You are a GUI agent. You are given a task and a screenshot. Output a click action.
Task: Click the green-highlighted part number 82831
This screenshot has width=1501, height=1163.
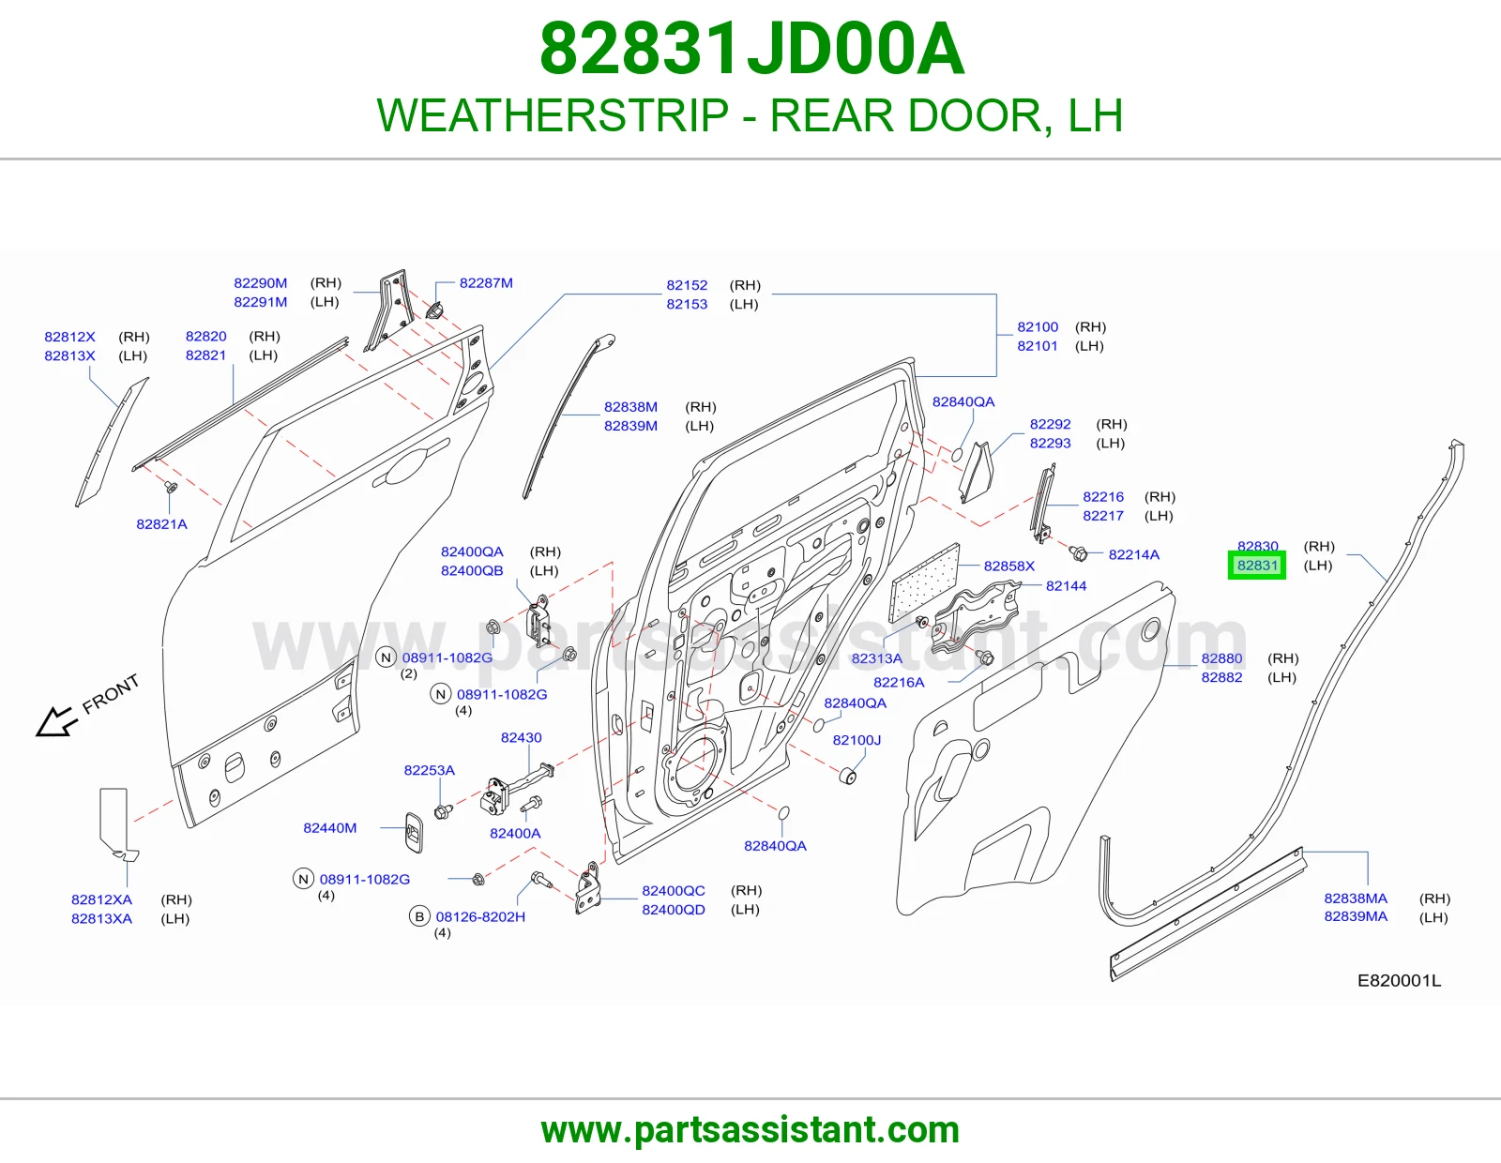tap(1257, 566)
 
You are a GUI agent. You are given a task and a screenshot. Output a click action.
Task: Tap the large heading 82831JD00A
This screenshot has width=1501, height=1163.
tap(751, 49)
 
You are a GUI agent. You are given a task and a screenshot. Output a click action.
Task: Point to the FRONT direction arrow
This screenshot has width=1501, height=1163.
tap(56, 721)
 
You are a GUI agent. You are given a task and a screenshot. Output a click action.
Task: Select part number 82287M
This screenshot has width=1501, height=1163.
tap(486, 283)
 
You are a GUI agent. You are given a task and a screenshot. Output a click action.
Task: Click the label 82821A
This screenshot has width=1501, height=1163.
tap(161, 524)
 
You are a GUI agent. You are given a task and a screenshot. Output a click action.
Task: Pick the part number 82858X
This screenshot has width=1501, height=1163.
tap(1009, 566)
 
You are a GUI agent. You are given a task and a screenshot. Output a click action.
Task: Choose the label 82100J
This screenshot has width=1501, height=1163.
tap(857, 740)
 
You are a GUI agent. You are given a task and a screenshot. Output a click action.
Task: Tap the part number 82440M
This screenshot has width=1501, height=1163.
tap(330, 828)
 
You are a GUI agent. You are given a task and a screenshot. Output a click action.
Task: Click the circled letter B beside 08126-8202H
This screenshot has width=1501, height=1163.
tap(419, 917)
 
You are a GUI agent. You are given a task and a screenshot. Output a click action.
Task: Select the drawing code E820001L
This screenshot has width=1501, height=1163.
tap(1400, 981)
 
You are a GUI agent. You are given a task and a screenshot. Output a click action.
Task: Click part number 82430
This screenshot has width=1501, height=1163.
tap(522, 737)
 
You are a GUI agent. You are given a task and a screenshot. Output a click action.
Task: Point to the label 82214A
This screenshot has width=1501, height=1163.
tap(1134, 554)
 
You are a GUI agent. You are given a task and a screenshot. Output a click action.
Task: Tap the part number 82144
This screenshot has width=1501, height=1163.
tap(1066, 586)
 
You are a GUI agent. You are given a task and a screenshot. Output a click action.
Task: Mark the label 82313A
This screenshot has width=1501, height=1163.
tap(876, 658)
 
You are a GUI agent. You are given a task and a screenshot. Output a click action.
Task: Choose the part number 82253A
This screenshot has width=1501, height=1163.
tap(430, 771)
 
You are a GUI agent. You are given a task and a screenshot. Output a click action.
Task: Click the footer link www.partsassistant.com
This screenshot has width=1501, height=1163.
tap(750, 1130)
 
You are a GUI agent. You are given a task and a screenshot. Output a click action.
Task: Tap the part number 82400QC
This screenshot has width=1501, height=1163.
tap(674, 891)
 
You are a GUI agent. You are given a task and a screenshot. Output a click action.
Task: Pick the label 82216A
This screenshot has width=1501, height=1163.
tap(899, 683)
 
